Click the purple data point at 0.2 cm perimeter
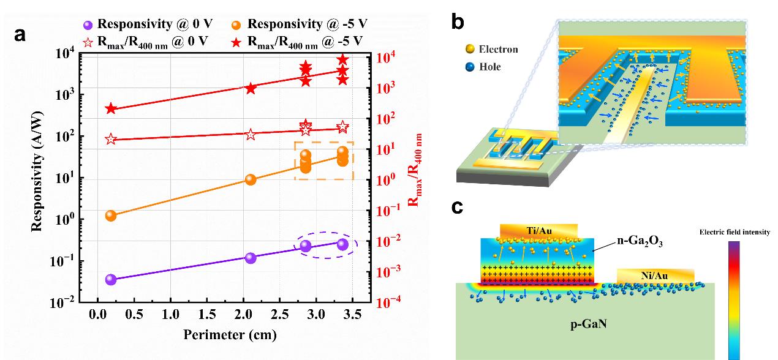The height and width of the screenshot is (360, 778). [x=111, y=279]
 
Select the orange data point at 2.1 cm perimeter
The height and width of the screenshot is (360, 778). [x=250, y=179]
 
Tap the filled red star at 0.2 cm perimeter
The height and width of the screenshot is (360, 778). [x=111, y=108]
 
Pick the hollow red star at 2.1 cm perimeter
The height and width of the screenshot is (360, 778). [x=250, y=134]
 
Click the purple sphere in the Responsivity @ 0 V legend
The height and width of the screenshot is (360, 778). [x=88, y=25]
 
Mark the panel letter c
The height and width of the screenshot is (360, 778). [x=457, y=208]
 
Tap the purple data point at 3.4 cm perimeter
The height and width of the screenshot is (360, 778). [x=342, y=244]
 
